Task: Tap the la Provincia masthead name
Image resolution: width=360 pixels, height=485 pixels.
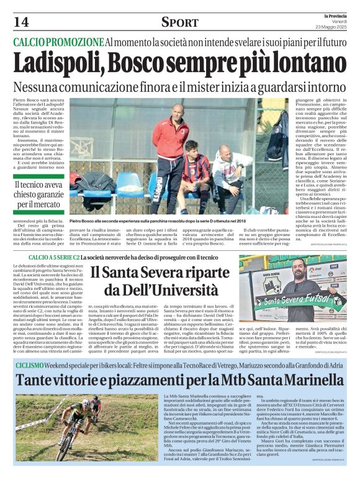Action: [333, 14]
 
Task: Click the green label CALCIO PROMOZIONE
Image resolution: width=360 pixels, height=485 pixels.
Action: [58, 42]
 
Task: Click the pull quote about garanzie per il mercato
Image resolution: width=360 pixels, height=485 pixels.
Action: [40, 193]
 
